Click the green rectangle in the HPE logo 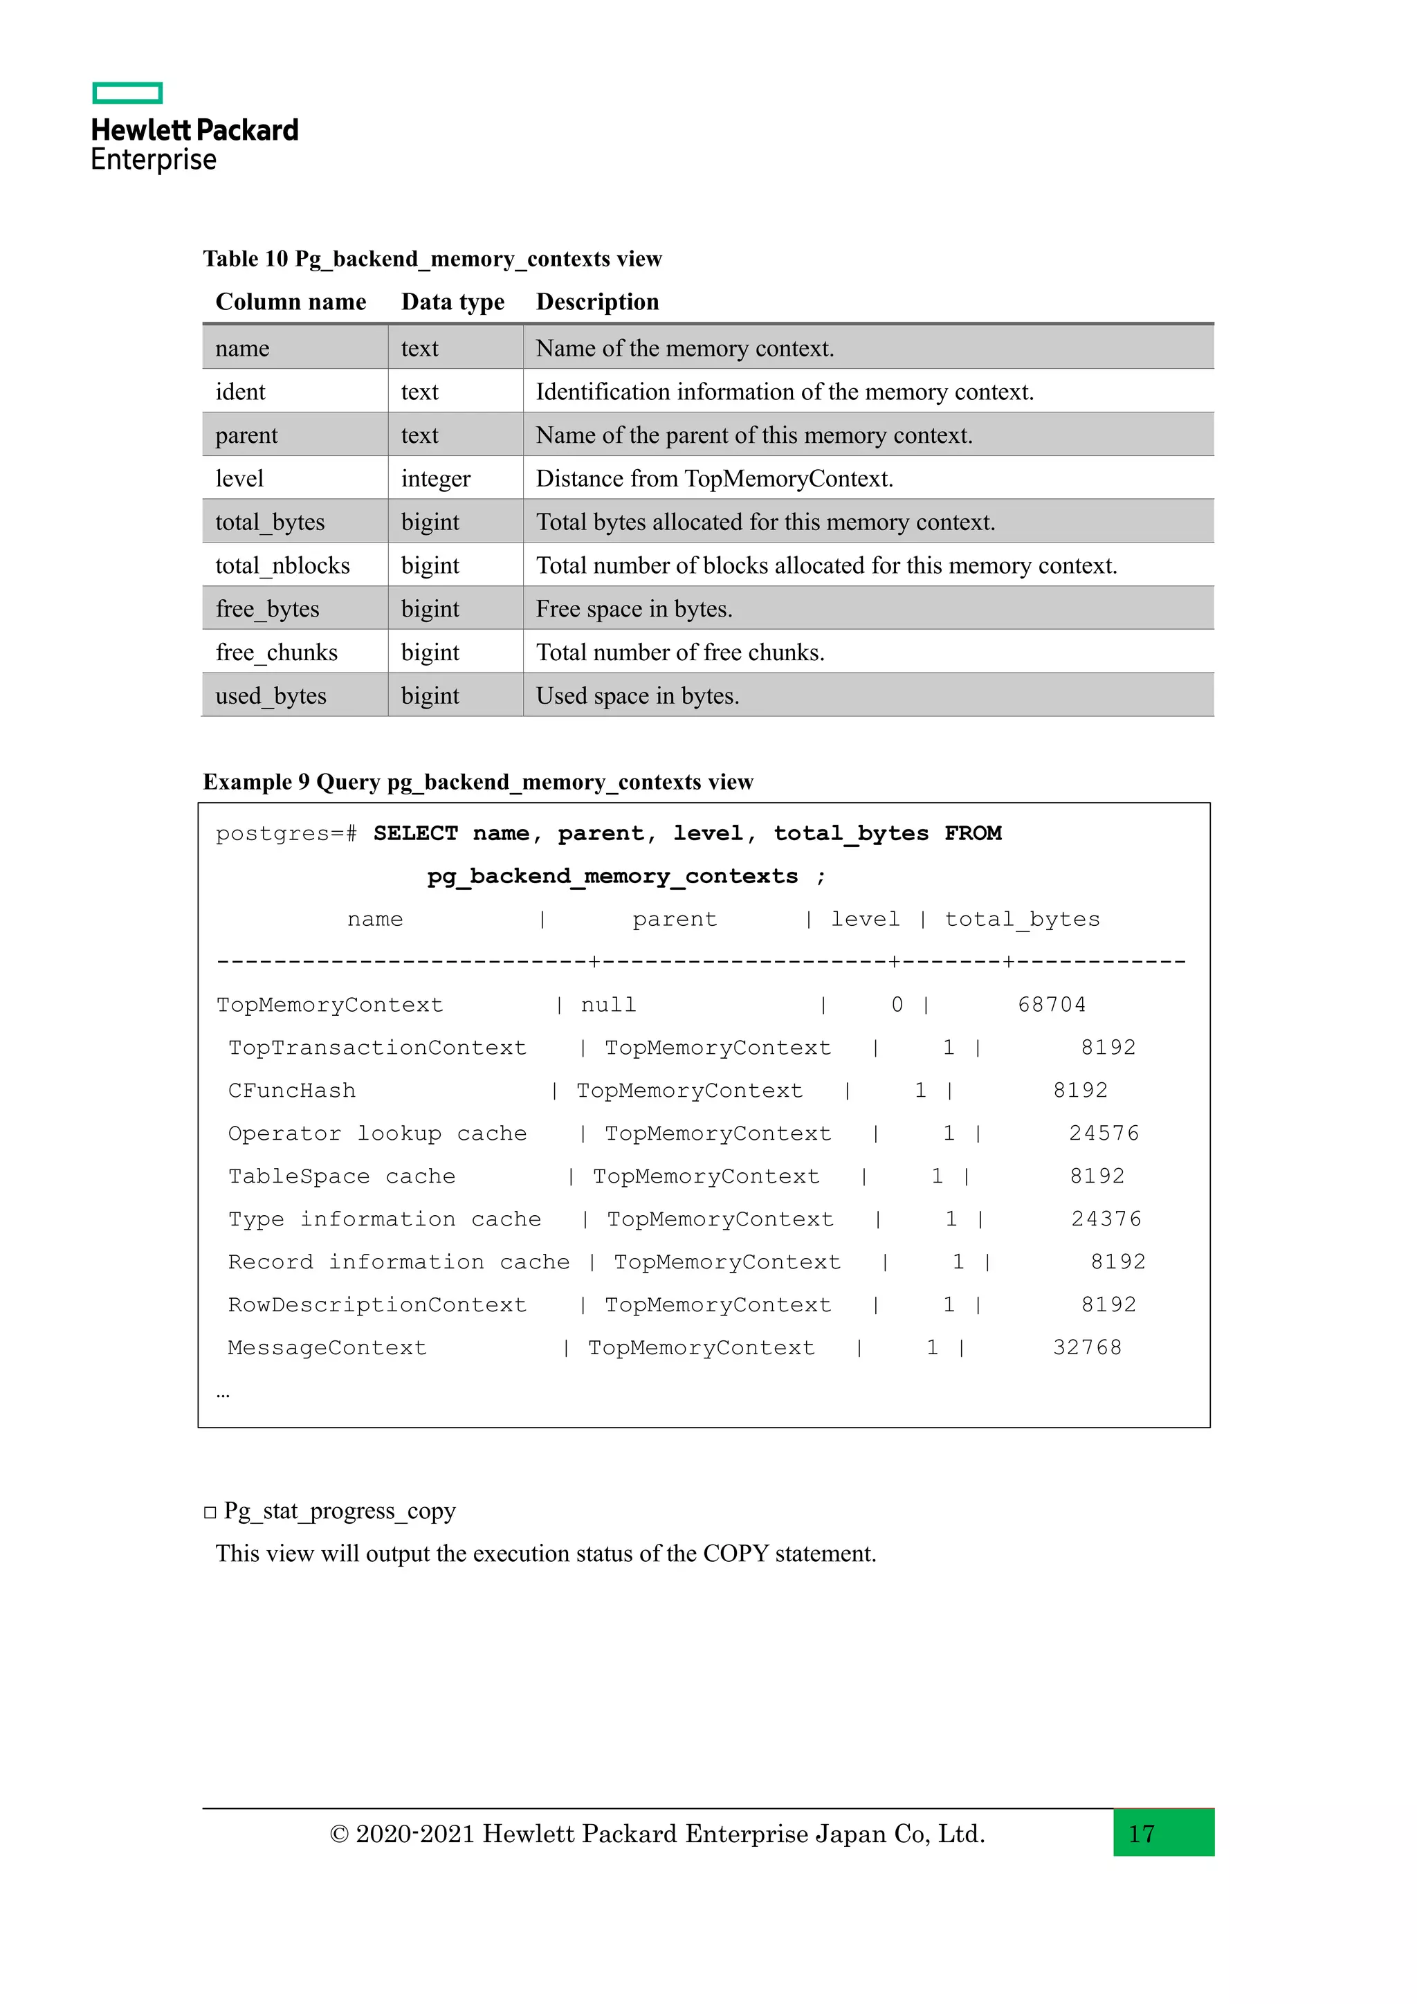pyautogui.click(x=127, y=93)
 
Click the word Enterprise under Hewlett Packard pyautogui.click(x=154, y=160)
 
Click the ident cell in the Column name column pyautogui.click(x=240, y=392)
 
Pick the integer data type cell pyautogui.click(x=435, y=479)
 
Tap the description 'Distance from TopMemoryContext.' pyautogui.click(x=714, y=479)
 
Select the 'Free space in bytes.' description pyautogui.click(x=634, y=609)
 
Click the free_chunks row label pyautogui.click(x=276, y=653)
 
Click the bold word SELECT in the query pyautogui.click(x=415, y=834)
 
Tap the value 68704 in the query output pyautogui.click(x=1052, y=1005)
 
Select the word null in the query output pyautogui.click(x=608, y=1005)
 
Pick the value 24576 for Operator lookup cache pyautogui.click(x=1104, y=1133)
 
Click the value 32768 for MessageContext pyautogui.click(x=1086, y=1347)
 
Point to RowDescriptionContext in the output pyautogui.click(x=377, y=1305)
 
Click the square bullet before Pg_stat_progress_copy pyautogui.click(x=210, y=1513)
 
